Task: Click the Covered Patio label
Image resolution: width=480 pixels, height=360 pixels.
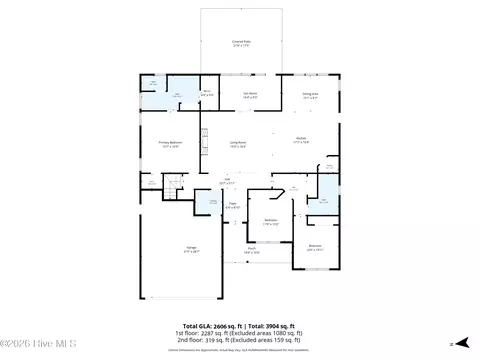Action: pos(241,43)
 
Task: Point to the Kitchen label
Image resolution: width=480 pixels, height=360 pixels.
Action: pos(300,140)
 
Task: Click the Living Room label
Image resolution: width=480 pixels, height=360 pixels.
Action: pos(238,145)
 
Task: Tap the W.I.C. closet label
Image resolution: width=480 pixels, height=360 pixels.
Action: pos(206,94)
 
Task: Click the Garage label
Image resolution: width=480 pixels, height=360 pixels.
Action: pos(190,248)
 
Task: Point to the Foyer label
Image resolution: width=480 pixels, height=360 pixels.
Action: pos(231,205)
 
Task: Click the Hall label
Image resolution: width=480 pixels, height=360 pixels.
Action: pos(227,183)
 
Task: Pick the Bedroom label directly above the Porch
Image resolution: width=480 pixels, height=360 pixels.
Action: pos(270,222)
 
